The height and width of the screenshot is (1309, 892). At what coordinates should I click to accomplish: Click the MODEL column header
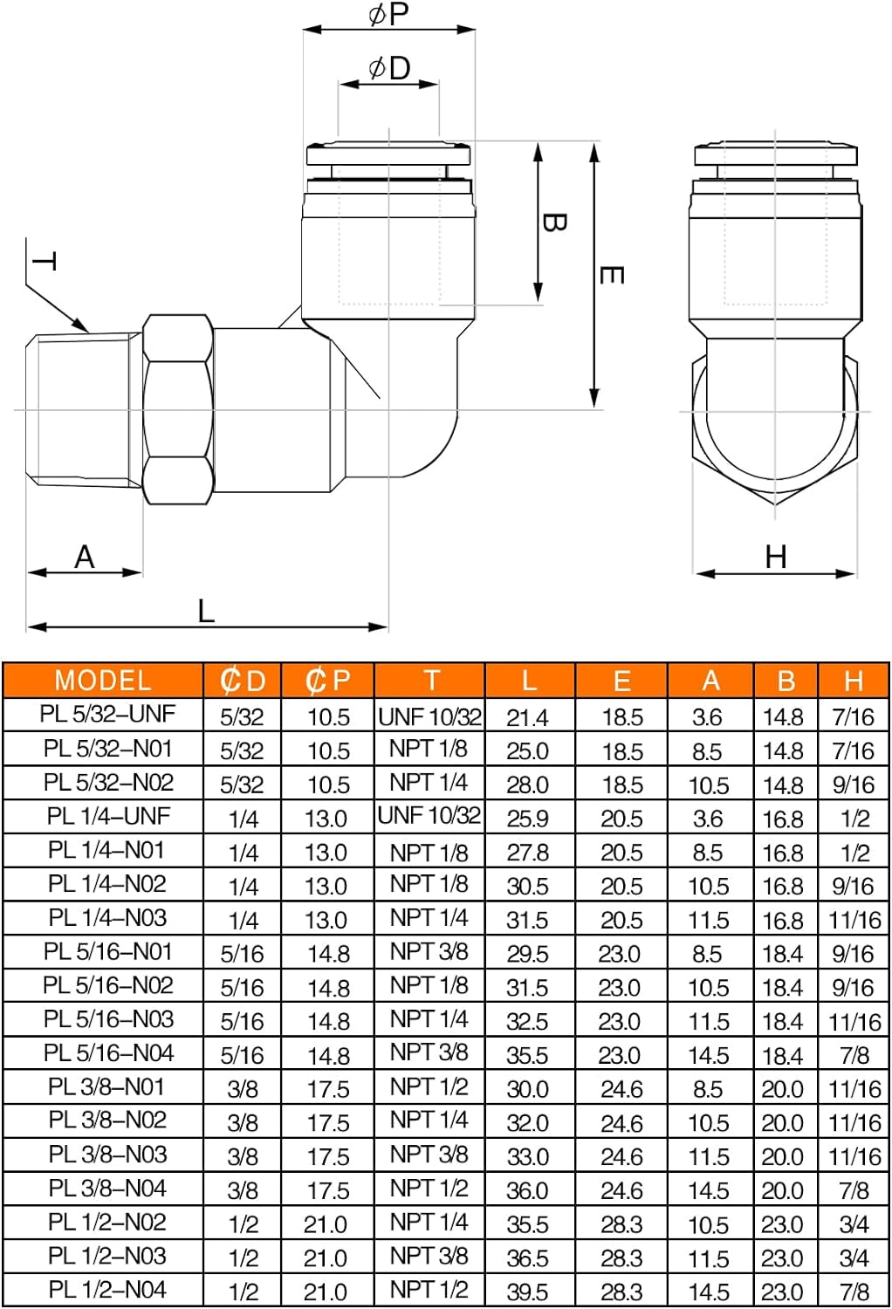[103, 681]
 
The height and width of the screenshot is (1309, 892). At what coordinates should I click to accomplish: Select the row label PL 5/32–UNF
[107, 714]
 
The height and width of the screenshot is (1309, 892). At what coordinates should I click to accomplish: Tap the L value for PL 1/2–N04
[527, 1292]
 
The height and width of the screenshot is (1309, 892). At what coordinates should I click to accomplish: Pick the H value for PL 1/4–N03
[854, 920]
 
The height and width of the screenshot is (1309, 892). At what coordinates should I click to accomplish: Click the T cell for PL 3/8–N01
[429, 1087]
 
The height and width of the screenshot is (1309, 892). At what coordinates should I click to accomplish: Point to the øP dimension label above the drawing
[388, 14]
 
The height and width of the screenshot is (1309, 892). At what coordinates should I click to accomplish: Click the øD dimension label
[389, 68]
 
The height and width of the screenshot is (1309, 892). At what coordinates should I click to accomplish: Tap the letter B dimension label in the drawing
[553, 223]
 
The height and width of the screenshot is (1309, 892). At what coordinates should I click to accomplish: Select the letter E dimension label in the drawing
[611, 276]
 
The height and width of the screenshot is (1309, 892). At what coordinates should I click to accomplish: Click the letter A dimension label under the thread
[84, 557]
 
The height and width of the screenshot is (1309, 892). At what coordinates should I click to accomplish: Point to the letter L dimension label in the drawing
[206, 611]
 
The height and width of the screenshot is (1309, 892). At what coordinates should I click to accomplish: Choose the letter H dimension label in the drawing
[775, 557]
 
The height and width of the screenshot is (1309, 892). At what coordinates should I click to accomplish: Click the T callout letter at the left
[45, 261]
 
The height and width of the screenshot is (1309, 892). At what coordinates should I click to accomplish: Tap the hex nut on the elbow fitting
[177, 409]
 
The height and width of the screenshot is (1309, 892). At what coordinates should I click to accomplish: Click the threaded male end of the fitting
[84, 408]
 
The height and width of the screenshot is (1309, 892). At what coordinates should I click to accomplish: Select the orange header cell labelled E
[621, 681]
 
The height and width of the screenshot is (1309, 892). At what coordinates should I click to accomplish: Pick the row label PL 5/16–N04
[108, 1053]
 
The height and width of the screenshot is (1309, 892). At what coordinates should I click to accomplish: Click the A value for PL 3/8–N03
[708, 1156]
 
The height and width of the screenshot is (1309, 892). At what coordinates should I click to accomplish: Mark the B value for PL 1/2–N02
[782, 1224]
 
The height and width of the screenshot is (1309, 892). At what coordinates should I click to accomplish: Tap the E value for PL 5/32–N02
[621, 785]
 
